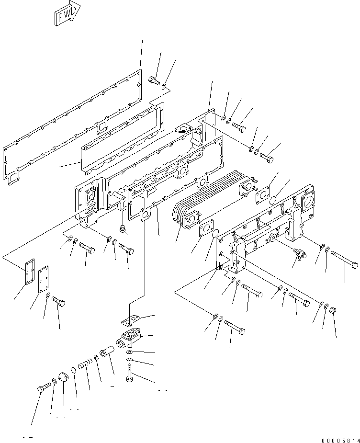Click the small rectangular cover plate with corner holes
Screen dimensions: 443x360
(46, 280)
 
